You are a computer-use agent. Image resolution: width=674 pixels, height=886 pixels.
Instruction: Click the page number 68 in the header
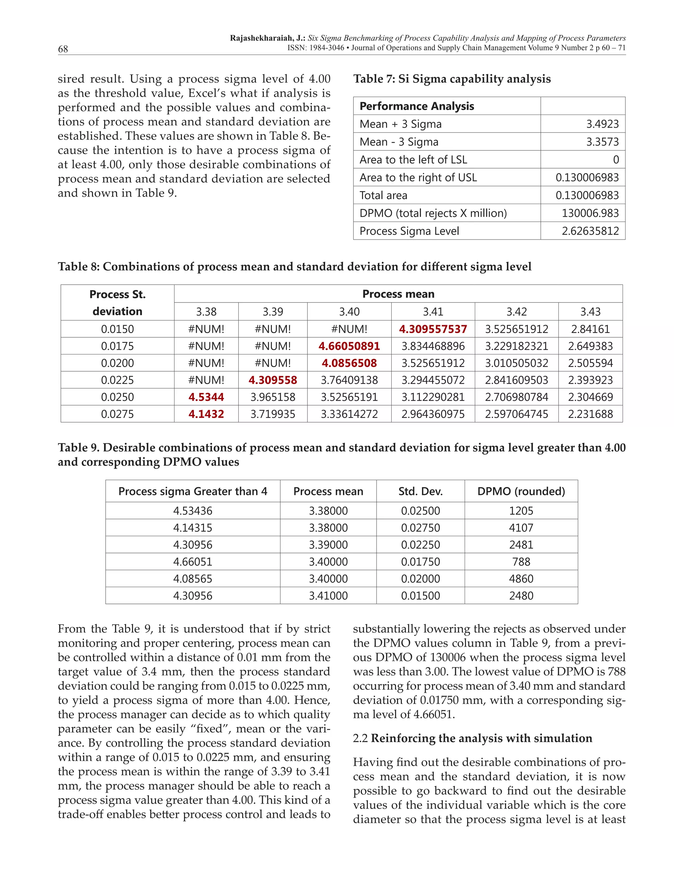pyautogui.click(x=63, y=49)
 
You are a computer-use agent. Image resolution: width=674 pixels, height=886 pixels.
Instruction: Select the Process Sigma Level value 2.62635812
pyautogui.click(x=590, y=231)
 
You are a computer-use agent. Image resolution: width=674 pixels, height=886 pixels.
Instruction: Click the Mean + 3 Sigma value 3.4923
pyautogui.click(x=603, y=124)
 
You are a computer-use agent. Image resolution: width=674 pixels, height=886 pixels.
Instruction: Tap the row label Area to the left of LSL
pyautogui.click(x=413, y=160)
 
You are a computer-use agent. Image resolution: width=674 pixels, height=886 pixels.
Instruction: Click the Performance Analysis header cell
pyautogui.click(x=417, y=106)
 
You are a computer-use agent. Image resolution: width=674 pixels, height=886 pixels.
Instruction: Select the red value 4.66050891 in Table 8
pyautogui.click(x=349, y=346)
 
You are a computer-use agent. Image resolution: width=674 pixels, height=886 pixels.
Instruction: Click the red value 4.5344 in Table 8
pyautogui.click(x=206, y=397)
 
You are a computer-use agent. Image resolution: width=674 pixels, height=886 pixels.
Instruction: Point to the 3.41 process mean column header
pyautogui.click(x=433, y=312)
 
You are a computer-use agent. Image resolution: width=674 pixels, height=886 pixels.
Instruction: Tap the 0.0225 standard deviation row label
pyautogui.click(x=117, y=380)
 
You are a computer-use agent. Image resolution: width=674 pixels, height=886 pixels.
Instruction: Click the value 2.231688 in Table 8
pyautogui.click(x=590, y=414)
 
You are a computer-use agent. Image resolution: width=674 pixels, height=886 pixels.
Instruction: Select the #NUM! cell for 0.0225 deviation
pyautogui.click(x=206, y=380)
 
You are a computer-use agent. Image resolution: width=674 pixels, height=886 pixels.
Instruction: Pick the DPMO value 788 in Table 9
pyautogui.click(x=521, y=562)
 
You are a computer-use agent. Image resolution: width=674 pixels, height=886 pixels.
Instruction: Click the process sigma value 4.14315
pyautogui.click(x=193, y=528)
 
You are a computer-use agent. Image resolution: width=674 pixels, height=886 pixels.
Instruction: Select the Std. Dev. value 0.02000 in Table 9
pyautogui.click(x=421, y=579)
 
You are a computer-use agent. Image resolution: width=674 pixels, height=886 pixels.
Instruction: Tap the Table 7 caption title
pyautogui.click(x=452, y=79)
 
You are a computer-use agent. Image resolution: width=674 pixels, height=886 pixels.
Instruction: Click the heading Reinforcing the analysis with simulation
pyautogui.click(x=481, y=738)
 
